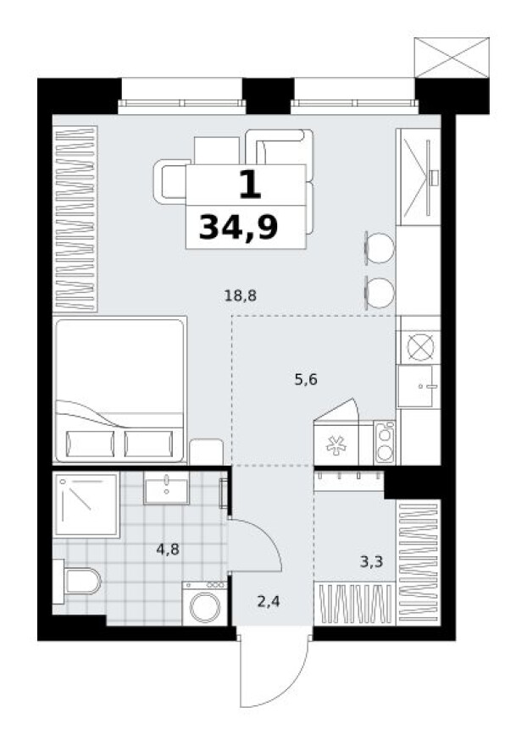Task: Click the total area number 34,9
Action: tap(238, 227)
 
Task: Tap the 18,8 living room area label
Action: tap(240, 295)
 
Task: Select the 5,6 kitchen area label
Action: tap(306, 380)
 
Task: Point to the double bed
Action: tap(119, 389)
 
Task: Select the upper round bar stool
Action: tap(379, 248)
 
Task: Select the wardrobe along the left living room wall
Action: tap(75, 218)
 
